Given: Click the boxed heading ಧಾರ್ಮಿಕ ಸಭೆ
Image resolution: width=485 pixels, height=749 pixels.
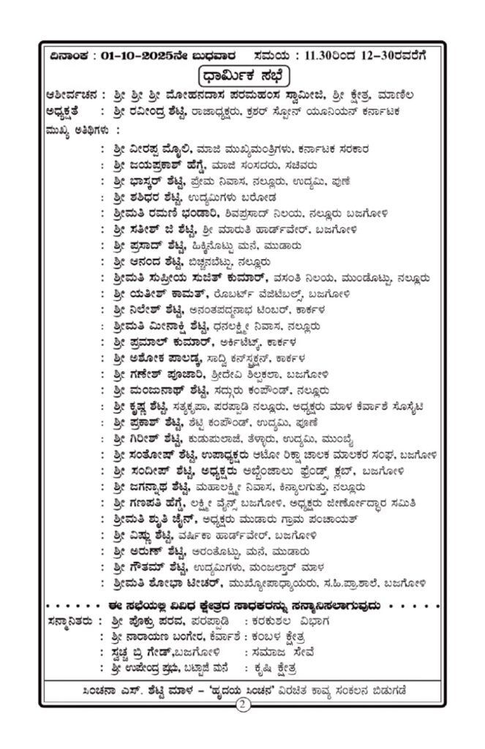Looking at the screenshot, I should click(x=242, y=75).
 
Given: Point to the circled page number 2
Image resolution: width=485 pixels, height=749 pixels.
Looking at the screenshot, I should click(x=242, y=705).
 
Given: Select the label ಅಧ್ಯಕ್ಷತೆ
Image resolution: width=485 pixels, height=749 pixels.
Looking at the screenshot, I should click(x=71, y=113).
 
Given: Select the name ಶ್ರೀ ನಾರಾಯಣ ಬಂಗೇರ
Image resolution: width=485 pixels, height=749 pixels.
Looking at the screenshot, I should click(x=165, y=636).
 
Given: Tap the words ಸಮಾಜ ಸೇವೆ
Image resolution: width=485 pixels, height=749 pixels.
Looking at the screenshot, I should click(x=277, y=652).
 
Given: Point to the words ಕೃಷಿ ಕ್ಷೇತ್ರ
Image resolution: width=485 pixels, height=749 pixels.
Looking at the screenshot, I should click(x=277, y=669).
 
